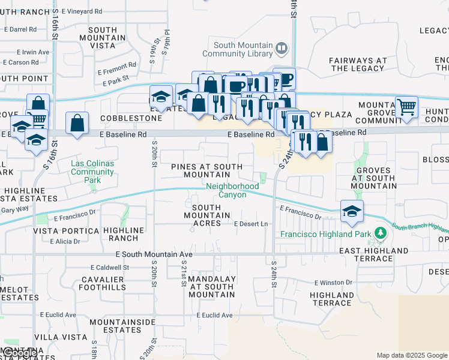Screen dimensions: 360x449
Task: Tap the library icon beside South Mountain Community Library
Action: coord(281,47)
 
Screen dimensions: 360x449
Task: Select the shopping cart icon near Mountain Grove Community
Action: coord(406,107)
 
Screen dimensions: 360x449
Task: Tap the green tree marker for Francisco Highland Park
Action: coord(379,233)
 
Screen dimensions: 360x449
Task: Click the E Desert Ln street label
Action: coord(250,224)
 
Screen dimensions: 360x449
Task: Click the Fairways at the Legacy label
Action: coord(358,64)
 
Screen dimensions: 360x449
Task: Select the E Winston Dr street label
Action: coord(336,282)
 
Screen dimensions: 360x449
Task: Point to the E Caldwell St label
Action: coord(110,267)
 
